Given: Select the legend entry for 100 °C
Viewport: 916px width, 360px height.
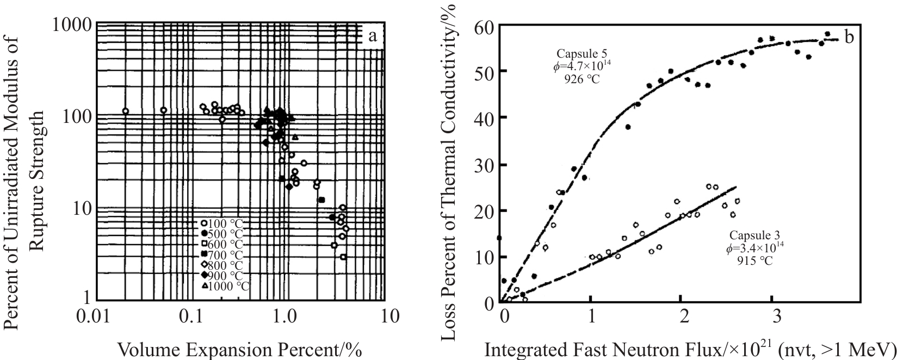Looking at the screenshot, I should tap(220, 222).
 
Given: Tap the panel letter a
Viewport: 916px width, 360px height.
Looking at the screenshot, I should tap(373, 36).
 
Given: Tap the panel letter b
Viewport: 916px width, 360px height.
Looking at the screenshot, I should tap(849, 36).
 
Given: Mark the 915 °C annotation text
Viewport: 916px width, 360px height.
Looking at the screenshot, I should tap(755, 260).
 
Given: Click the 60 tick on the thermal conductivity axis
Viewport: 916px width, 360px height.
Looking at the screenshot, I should tap(484, 26).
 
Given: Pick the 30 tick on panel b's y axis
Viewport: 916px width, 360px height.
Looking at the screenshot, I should tap(484, 165).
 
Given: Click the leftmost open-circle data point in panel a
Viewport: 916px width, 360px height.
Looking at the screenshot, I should tap(126, 111).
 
